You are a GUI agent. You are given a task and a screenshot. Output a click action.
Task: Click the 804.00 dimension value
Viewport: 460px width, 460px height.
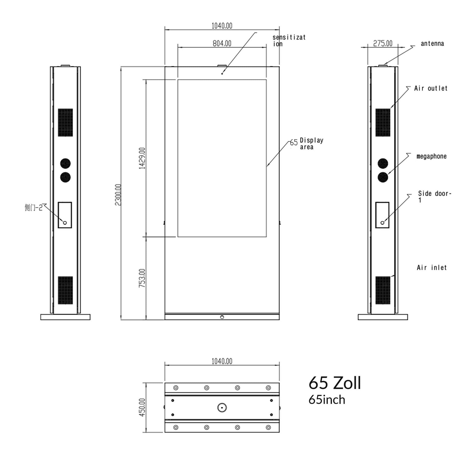click(222, 43)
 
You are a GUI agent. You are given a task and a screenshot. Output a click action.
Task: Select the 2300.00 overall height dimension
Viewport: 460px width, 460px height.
click(118, 195)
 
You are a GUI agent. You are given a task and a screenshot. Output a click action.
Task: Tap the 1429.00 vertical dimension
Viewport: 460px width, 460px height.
click(142, 158)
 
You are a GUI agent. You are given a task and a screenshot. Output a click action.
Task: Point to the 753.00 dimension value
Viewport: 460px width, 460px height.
click(142, 278)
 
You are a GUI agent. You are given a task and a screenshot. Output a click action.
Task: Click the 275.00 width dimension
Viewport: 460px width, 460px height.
click(383, 43)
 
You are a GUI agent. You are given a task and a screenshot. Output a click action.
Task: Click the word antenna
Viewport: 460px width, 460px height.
click(432, 44)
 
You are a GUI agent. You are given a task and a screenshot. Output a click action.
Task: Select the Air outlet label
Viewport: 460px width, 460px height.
click(431, 88)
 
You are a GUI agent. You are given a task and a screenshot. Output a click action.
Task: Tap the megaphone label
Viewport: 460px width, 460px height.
click(431, 156)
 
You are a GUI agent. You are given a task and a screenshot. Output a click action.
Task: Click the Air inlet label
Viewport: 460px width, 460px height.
click(432, 268)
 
